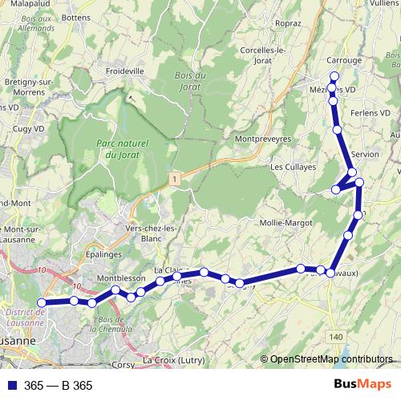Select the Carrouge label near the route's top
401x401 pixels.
(345, 60)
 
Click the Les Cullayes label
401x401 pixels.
(290, 168)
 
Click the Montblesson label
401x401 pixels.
(120, 277)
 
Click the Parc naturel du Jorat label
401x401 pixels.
(121, 148)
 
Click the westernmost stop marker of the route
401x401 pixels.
(42, 303)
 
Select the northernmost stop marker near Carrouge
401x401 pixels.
(334, 77)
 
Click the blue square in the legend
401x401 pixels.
(12, 386)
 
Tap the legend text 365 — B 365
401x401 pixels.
(59, 386)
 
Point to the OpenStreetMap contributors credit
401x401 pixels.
(331, 360)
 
